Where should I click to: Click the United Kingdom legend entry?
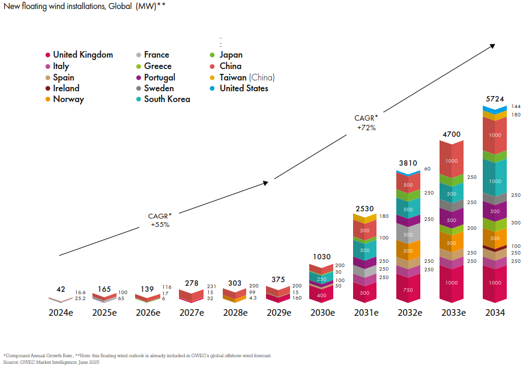83,55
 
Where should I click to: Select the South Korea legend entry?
166,99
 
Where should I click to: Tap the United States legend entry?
244,88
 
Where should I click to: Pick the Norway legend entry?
68,99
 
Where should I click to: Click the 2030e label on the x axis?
323,312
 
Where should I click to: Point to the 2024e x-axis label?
61,312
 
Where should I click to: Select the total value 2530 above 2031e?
365,208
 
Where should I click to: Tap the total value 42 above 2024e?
61,289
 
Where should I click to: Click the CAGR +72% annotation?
366,122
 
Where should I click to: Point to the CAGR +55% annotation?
160,220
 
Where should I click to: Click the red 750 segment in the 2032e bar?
408,289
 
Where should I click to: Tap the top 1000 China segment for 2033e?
452,161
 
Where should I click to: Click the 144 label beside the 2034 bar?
516,106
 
